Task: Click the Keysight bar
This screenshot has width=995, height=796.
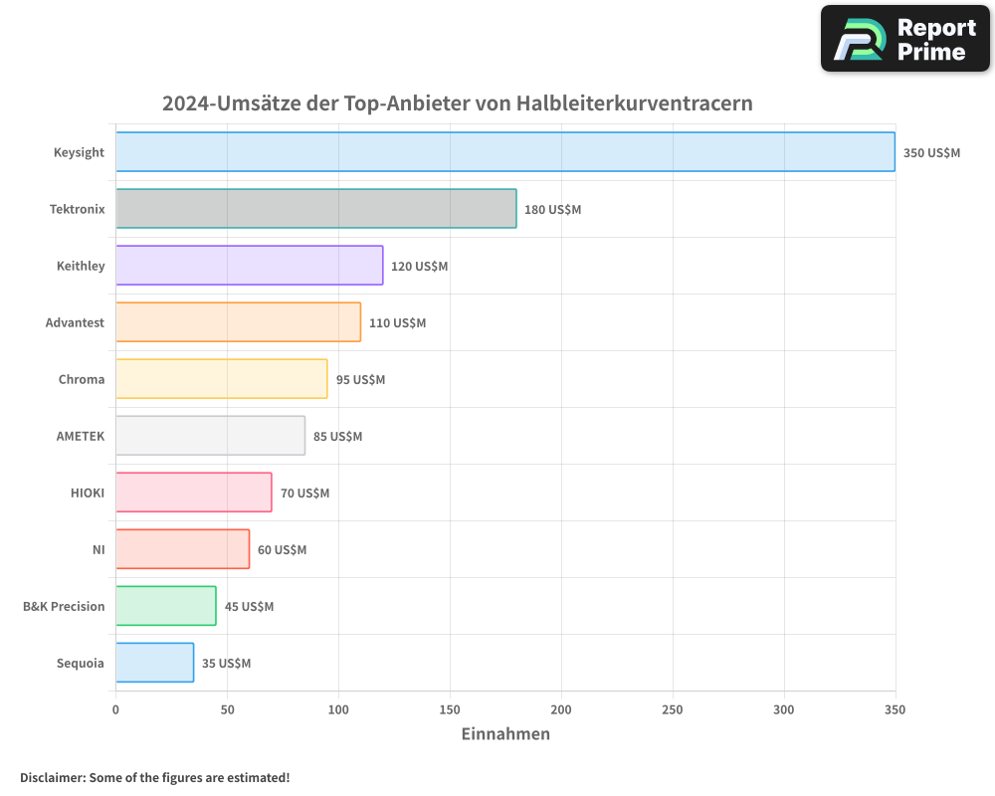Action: (x=504, y=152)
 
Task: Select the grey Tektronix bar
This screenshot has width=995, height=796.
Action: (x=315, y=209)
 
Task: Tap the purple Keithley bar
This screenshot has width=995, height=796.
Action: (x=249, y=266)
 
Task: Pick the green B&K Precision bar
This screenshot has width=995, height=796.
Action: (x=165, y=606)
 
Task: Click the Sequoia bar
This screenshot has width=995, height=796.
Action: (x=154, y=663)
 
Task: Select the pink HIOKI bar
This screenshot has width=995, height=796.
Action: (x=193, y=493)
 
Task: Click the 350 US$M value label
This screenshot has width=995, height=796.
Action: (x=931, y=153)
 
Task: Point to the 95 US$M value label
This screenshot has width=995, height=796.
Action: (x=360, y=380)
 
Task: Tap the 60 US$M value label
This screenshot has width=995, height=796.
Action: (x=282, y=550)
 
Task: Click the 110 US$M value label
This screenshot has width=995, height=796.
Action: (x=397, y=323)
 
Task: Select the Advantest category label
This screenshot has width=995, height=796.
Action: (x=75, y=322)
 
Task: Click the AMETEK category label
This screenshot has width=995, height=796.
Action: (x=80, y=436)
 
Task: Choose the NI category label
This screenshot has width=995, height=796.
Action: (x=98, y=549)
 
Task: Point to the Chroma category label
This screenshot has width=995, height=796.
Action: (x=81, y=379)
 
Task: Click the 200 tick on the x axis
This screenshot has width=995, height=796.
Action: (x=561, y=709)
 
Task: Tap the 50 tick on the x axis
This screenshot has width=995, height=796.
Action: (x=227, y=709)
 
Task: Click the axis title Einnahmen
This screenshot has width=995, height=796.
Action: (x=505, y=734)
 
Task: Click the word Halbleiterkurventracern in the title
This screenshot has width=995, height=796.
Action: (x=634, y=103)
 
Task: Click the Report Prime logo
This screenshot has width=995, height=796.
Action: (x=904, y=39)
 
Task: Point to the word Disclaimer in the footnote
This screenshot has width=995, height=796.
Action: (x=51, y=777)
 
